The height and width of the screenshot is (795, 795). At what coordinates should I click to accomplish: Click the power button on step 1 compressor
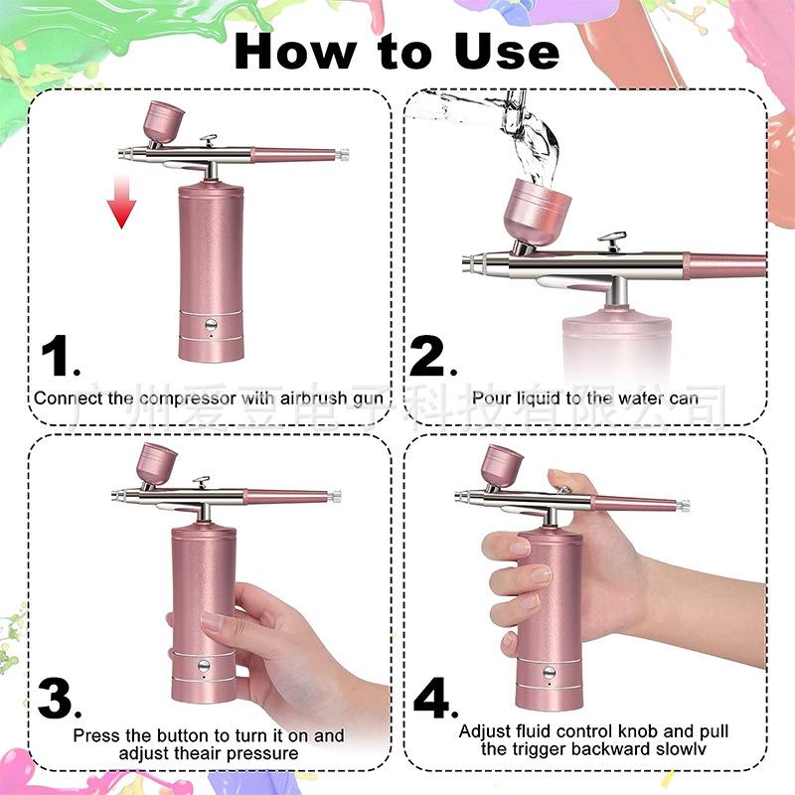click(x=211, y=324)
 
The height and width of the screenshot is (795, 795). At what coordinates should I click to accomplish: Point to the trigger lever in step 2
click(x=611, y=241)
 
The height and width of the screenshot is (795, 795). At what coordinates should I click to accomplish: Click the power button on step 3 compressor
click(x=203, y=667)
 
